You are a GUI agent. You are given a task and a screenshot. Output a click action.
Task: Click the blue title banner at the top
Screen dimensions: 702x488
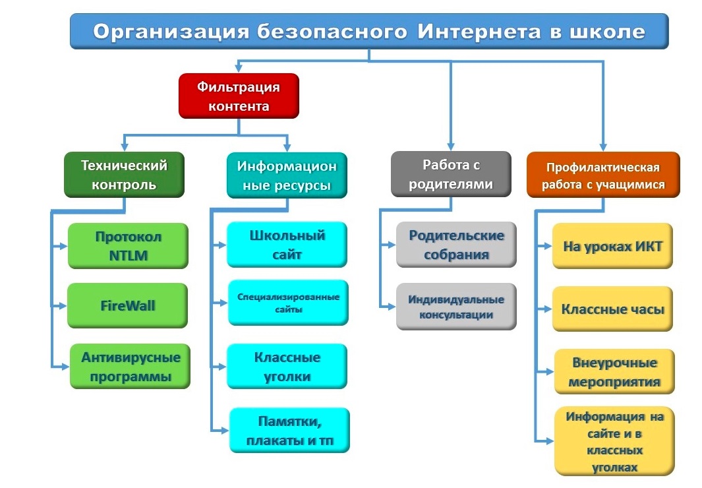(369, 32)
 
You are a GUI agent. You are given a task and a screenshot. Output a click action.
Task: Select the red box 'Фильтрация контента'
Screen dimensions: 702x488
(239, 96)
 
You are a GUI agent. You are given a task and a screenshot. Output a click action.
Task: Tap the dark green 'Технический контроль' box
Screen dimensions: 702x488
(124, 175)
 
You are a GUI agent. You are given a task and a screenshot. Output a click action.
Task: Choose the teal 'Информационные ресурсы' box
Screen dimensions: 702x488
(287, 175)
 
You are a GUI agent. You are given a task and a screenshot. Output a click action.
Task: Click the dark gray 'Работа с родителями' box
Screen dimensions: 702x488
(451, 173)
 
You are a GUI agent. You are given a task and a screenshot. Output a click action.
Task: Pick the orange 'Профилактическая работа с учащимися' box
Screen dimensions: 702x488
(603, 175)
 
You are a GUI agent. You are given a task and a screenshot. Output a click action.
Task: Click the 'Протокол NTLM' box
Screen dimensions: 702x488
(128, 246)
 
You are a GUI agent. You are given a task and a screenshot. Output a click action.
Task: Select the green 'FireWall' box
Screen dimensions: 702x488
(128, 305)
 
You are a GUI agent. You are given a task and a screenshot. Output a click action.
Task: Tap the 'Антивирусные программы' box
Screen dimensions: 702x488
(131, 366)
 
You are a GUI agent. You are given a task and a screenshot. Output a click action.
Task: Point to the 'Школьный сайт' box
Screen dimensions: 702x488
(287, 245)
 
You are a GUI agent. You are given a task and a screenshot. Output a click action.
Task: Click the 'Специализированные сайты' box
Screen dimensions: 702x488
(288, 303)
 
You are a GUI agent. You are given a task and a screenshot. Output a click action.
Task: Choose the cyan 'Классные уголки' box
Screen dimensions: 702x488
(287, 366)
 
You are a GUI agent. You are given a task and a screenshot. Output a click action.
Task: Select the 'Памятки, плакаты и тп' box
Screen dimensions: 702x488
(289, 430)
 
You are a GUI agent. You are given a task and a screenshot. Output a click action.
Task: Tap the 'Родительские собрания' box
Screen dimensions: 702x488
(456, 245)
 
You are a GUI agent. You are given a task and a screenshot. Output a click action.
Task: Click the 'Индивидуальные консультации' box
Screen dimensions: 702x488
(456, 307)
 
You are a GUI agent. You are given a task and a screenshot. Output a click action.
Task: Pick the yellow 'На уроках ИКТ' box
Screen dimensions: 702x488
(612, 246)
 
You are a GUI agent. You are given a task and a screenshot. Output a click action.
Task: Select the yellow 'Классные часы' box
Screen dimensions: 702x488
(612, 309)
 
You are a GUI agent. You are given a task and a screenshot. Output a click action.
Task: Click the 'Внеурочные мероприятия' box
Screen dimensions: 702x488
(614, 371)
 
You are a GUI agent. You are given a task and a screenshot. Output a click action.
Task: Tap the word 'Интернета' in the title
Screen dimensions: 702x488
(479, 32)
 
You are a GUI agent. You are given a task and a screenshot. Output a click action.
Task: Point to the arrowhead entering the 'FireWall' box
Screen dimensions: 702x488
(63, 306)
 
